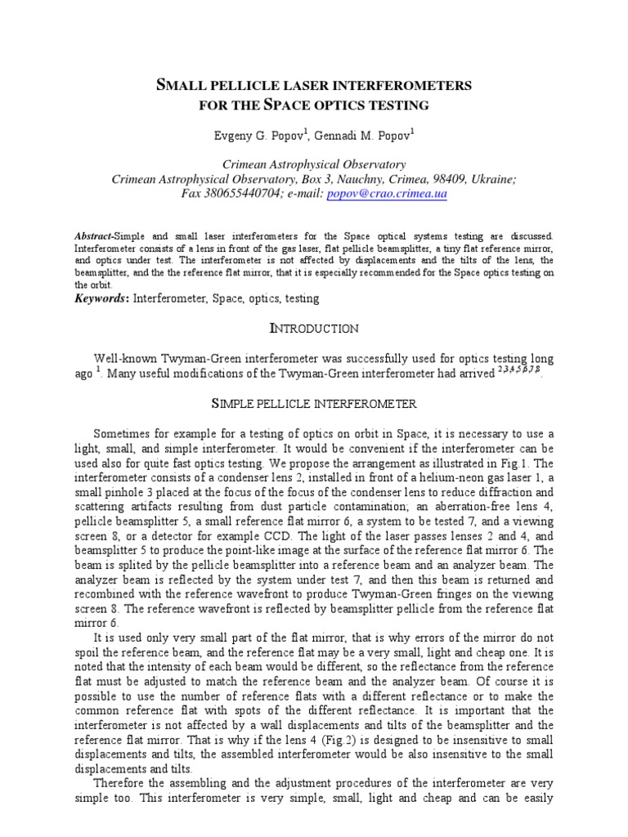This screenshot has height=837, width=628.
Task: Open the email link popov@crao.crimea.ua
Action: click(x=387, y=195)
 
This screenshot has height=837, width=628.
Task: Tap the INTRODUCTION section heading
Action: click(x=314, y=329)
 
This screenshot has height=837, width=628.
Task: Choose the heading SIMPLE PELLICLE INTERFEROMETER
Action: click(x=314, y=404)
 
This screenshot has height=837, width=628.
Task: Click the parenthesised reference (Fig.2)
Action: click(x=325, y=740)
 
